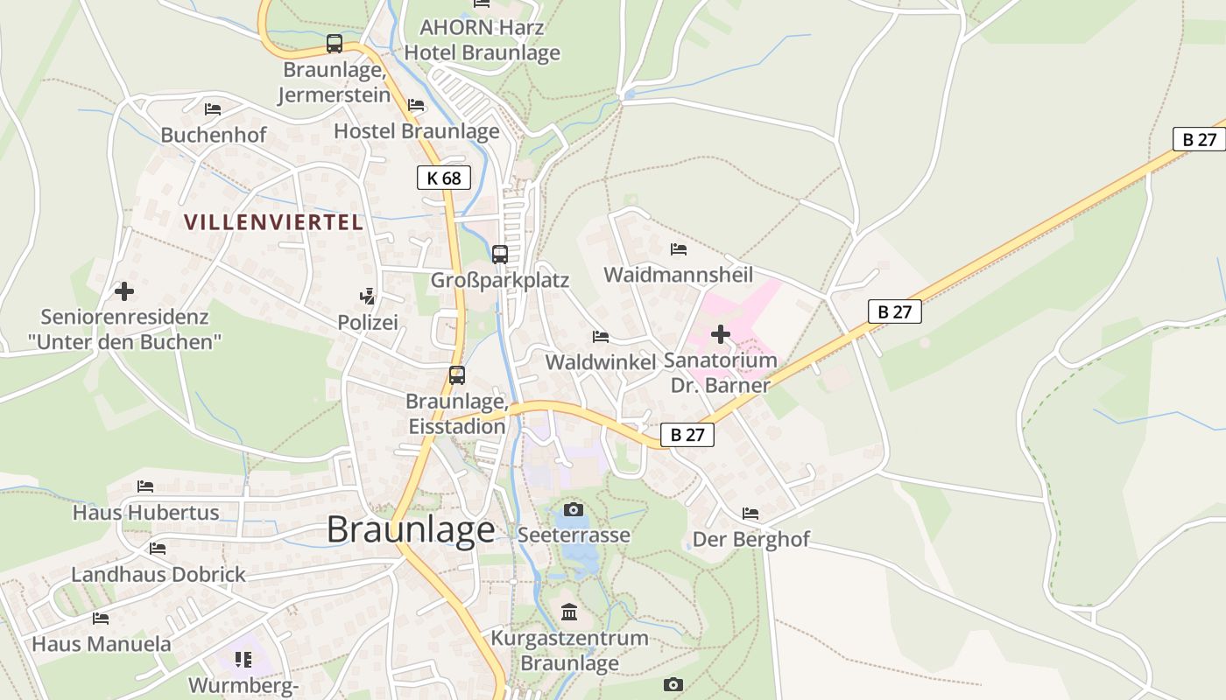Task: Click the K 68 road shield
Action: [444, 178]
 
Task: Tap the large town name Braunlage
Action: [411, 530]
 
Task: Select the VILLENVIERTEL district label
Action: [273, 222]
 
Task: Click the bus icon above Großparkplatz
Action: [500, 254]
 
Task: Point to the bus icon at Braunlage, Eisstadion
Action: [457, 375]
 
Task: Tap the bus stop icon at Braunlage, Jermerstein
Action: [335, 43]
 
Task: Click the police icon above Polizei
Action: [369, 297]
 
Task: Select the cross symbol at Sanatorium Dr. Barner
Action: [720, 334]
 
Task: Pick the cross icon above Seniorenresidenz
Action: [124, 291]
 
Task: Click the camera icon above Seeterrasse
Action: [574, 509]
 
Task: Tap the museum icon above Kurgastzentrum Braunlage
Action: [569, 612]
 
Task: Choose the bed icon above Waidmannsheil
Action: [679, 249]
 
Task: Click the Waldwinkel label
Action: [601, 362]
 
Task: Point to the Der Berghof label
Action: [751, 539]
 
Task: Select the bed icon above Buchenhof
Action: [213, 109]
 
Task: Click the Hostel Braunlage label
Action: [417, 131]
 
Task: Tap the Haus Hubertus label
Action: [146, 512]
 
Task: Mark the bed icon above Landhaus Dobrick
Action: [158, 549]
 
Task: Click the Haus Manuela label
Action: [102, 644]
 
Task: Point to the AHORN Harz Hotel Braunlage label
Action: [482, 39]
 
